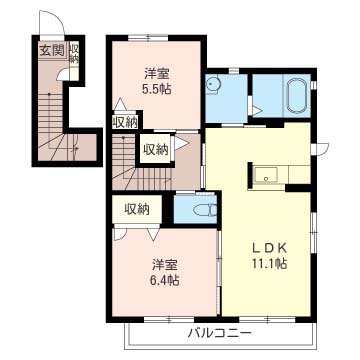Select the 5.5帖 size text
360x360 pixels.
(x=155, y=89)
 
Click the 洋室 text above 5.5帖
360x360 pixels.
(x=155, y=72)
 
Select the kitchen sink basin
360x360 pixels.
(x=266, y=178)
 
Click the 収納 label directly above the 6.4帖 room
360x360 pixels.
(x=137, y=209)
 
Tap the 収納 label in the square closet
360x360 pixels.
(x=156, y=149)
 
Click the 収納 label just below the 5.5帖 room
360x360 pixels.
(x=124, y=122)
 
